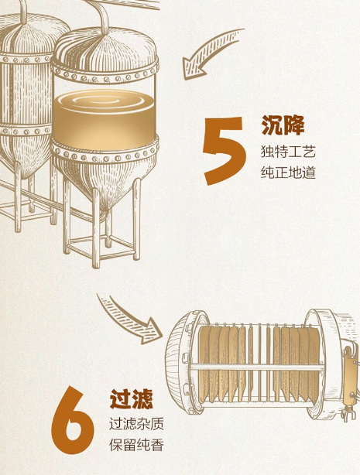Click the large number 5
tap(225, 151)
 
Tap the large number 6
tap(73, 420)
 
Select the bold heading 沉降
tap(283, 125)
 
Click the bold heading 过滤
tap(132, 398)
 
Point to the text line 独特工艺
tap(289, 152)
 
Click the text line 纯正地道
tap(289, 173)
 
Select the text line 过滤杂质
tap(137, 423)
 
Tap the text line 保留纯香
tap(137, 445)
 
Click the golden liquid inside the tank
tap(105, 121)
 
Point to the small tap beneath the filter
tap(348, 414)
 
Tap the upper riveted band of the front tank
tap(105, 73)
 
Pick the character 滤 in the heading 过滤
tap(142, 398)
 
